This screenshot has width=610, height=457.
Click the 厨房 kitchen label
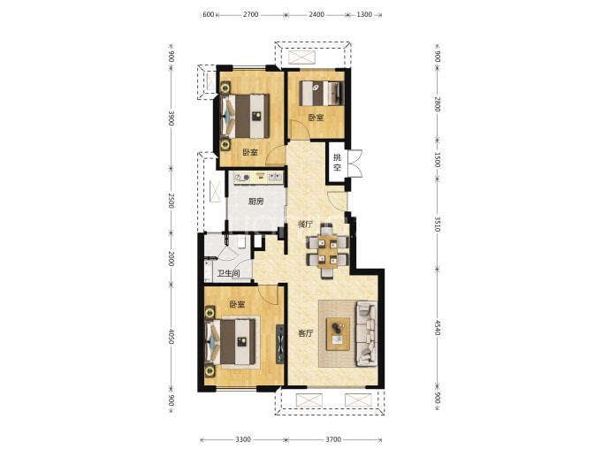point(256,202)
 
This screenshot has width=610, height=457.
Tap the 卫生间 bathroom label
point(228,273)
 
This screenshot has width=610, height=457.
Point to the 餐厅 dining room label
point(305,224)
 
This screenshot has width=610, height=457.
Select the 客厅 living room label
point(305,333)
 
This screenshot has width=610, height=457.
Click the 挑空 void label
point(337,162)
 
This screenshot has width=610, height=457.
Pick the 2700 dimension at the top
point(250,14)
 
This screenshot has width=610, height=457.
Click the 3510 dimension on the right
point(437,224)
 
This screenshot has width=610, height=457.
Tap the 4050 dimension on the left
point(171,337)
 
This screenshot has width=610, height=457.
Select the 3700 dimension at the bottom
point(333,439)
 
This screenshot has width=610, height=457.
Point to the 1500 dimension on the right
point(437,160)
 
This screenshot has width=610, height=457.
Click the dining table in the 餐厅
point(327,251)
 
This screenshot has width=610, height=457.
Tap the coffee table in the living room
point(338,334)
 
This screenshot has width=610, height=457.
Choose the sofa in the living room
point(366,334)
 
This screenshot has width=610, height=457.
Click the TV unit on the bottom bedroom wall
point(280,344)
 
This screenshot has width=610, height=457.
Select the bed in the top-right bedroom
point(321,93)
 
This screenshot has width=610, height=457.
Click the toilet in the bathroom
point(241,242)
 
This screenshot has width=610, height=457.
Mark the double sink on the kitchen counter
point(275,178)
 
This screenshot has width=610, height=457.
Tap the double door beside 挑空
point(355,164)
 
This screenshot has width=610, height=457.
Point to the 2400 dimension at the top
point(316,14)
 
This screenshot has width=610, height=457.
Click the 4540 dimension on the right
point(437,327)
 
